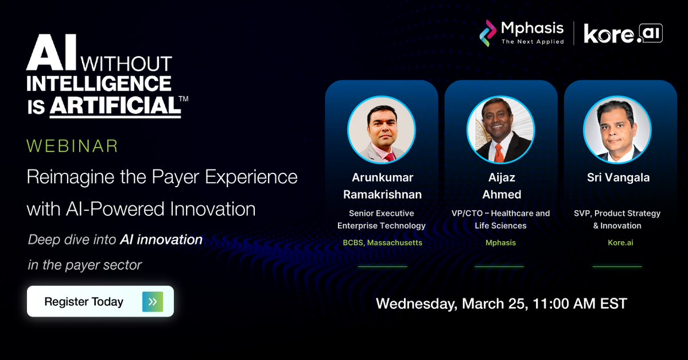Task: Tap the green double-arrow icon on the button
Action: [153, 301]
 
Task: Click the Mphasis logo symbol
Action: [488, 33]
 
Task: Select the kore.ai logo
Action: [623, 34]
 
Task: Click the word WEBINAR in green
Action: [72, 145]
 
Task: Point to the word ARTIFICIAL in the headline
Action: [114, 106]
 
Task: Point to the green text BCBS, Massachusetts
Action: [382, 243]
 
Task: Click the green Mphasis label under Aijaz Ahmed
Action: [501, 243]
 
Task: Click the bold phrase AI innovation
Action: [161, 239]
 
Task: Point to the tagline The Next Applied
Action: [532, 41]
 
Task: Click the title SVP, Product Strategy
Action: [617, 213]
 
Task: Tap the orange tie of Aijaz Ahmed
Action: [499, 152]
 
